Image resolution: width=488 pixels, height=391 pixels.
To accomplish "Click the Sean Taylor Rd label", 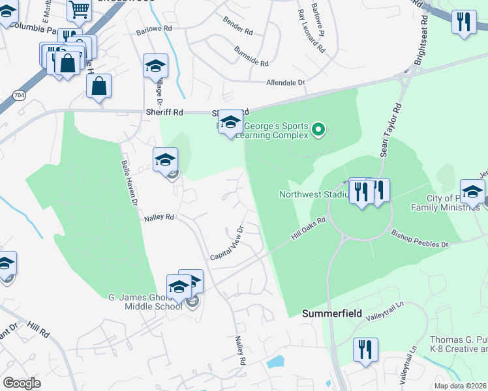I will [x=389, y=130].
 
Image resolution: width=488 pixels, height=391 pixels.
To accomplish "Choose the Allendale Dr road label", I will [x=286, y=83].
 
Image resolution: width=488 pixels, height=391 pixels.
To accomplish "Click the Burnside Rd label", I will [x=251, y=56].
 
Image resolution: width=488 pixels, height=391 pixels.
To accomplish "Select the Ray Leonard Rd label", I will [x=310, y=31].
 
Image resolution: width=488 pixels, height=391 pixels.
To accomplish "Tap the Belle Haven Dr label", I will [x=131, y=184].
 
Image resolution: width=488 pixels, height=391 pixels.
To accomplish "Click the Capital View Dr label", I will [x=226, y=244].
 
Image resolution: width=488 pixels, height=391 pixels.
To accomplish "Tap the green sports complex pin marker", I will [x=318, y=130].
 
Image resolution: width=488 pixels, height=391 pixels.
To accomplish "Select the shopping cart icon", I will [x=79, y=9].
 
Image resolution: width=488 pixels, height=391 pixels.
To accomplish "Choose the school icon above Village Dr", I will [x=155, y=65].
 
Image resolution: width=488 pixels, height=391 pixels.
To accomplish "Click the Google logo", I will [x=22, y=384].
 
